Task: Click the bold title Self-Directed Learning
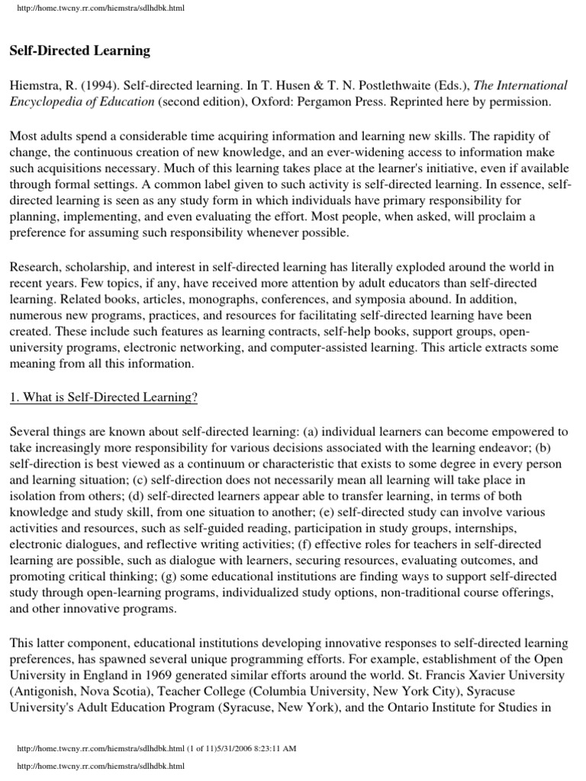pyautogui.click(x=80, y=52)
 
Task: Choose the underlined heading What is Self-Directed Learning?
pyautogui.click(x=103, y=397)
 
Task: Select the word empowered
pyautogui.click(x=527, y=431)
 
